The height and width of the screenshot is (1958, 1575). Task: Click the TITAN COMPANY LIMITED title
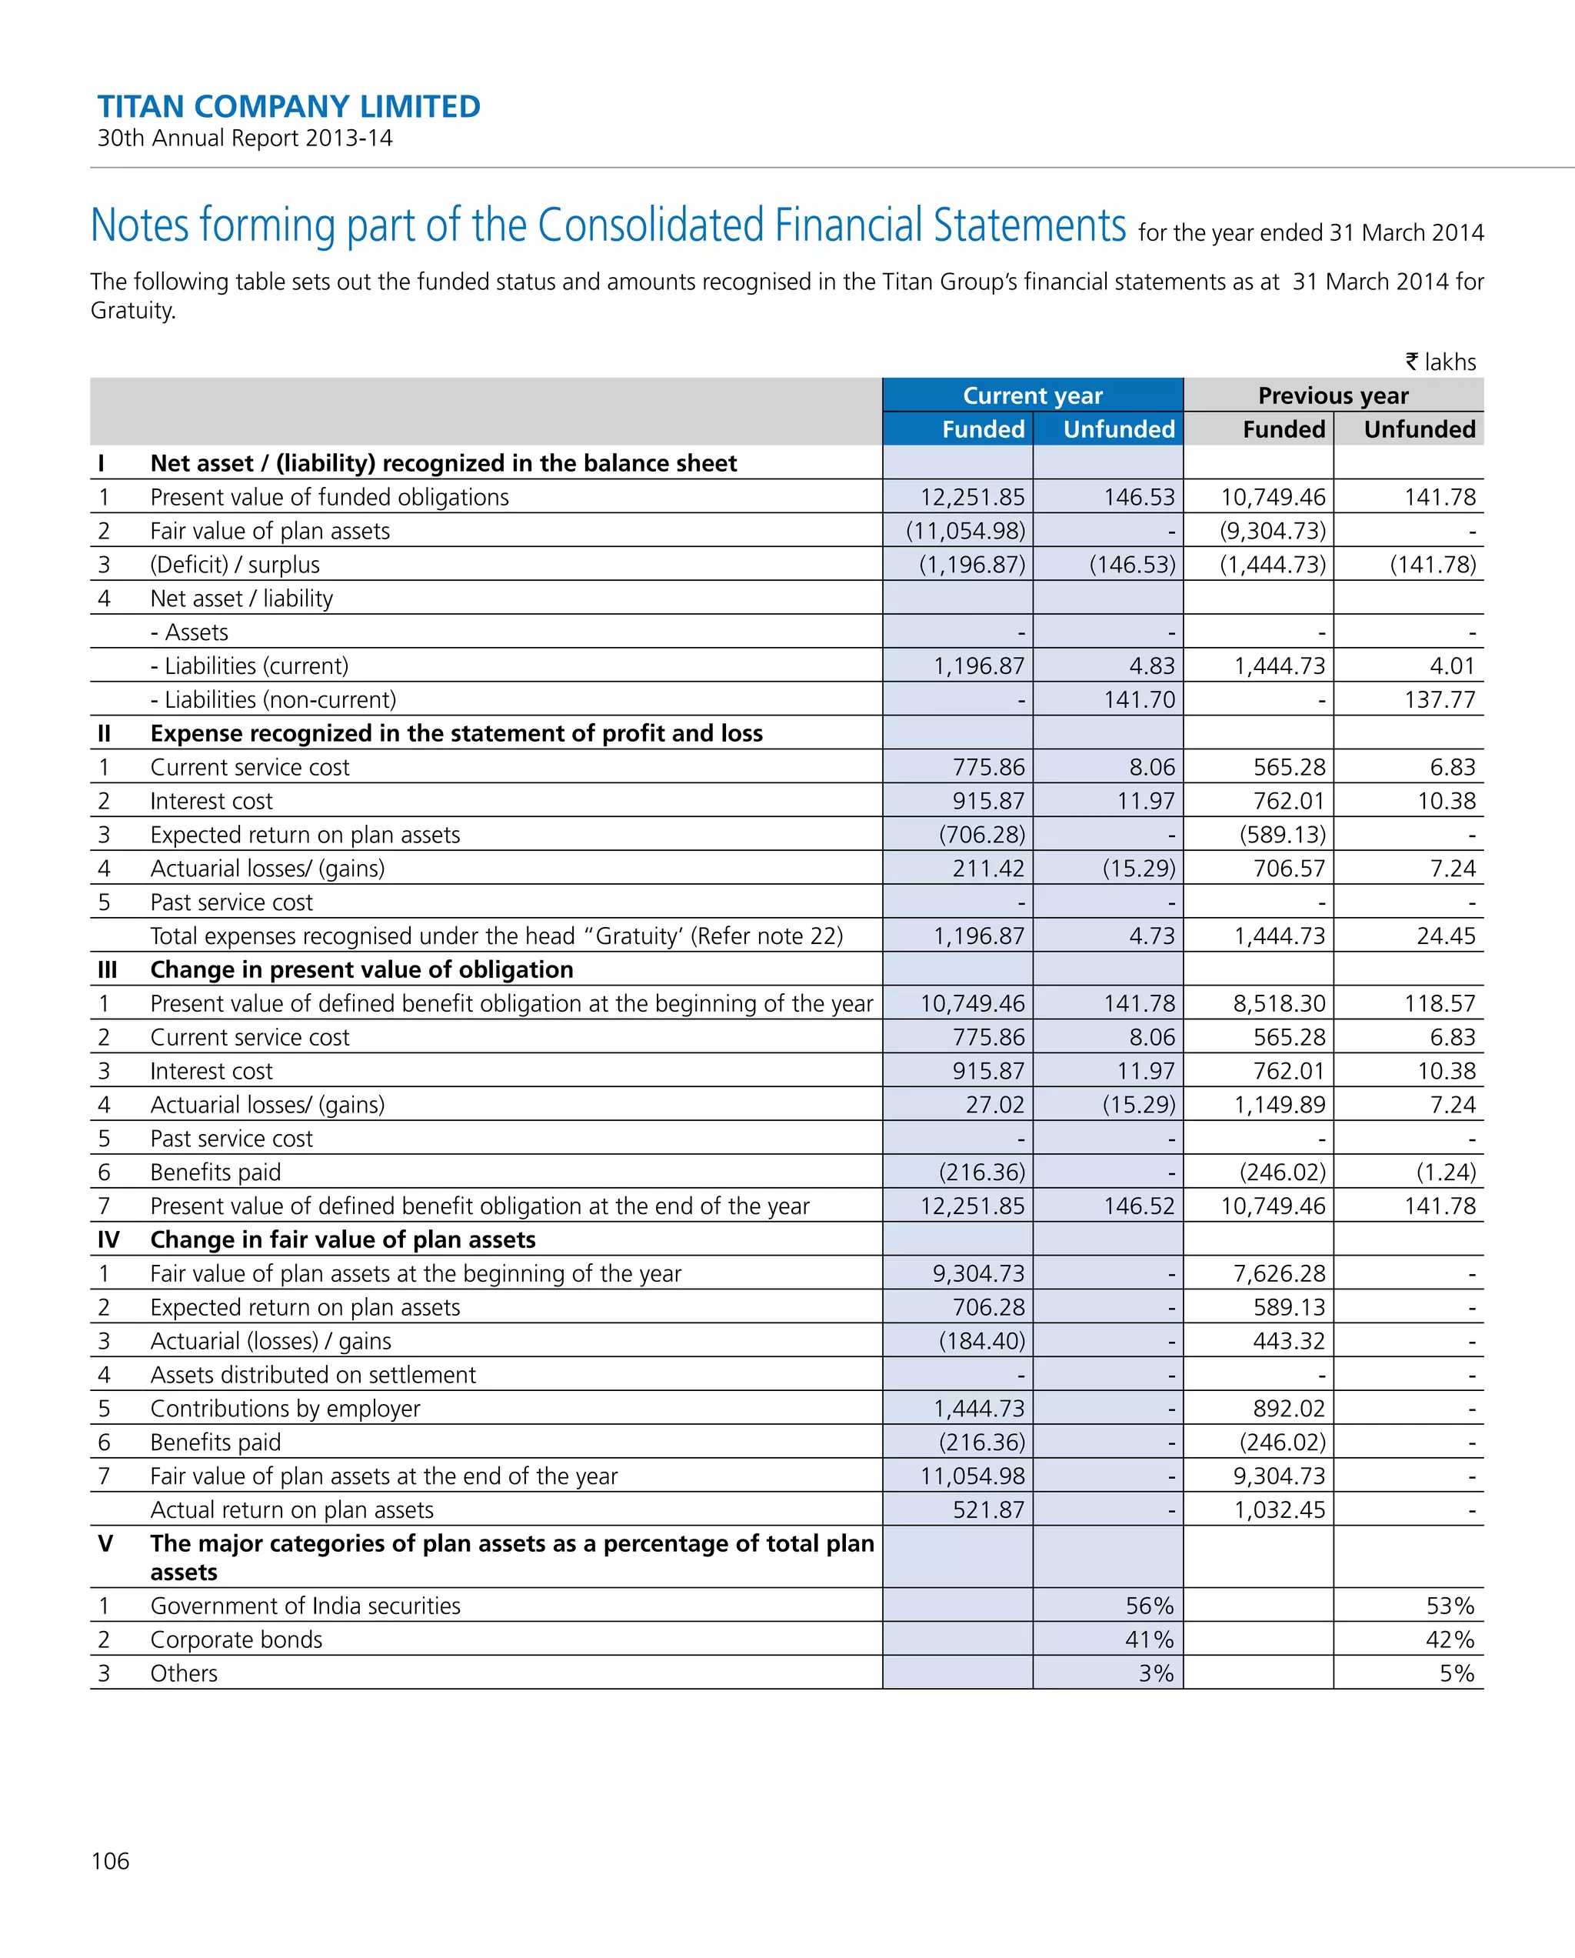pos(288,106)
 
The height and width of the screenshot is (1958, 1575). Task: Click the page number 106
pos(110,1861)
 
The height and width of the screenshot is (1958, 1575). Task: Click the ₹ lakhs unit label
pos(1440,362)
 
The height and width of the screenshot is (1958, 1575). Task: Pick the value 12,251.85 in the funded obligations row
pos(971,497)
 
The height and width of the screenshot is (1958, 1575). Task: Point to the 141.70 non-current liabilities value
pos(1138,699)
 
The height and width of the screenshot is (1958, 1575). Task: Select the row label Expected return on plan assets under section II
pos(305,835)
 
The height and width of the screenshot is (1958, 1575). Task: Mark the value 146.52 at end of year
pos(1138,1206)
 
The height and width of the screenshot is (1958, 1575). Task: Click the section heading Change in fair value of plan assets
pos(342,1239)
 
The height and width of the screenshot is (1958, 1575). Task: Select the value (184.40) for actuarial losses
pos(981,1340)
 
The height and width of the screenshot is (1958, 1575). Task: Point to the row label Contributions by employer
pos(285,1409)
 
